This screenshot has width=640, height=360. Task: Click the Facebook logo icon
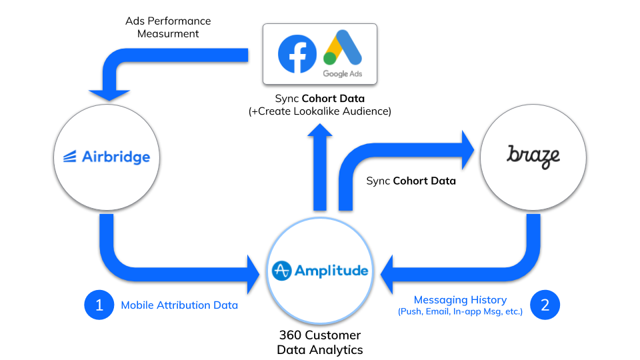tap(297, 54)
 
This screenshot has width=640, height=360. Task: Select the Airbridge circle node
tap(101, 157)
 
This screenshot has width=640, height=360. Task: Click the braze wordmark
tap(533, 156)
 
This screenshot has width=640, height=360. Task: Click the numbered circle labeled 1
tap(99, 305)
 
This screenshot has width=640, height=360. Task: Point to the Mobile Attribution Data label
tap(179, 305)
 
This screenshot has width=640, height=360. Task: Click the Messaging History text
tap(460, 300)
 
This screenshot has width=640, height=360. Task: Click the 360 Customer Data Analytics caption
tap(320, 341)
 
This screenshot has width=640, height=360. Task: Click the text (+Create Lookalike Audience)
tap(319, 111)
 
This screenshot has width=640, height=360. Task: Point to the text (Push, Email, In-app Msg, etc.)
tap(460, 312)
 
